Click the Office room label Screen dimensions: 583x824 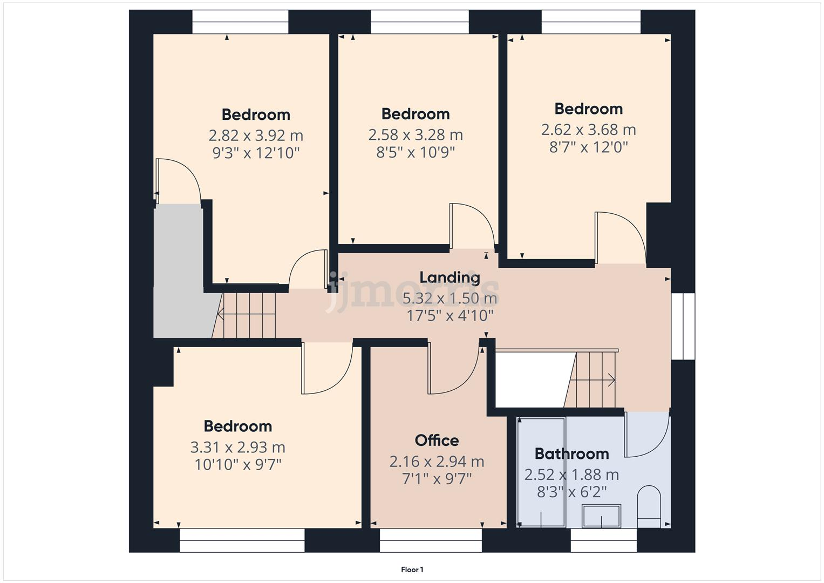click(x=437, y=440)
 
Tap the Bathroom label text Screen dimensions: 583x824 click(x=571, y=454)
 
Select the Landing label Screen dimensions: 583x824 click(x=450, y=277)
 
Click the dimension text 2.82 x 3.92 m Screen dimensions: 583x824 click(x=256, y=135)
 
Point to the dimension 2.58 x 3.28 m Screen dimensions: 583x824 click(x=416, y=134)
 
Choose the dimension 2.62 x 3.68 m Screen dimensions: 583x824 click(x=588, y=130)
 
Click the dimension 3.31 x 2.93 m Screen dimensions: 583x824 click(x=237, y=447)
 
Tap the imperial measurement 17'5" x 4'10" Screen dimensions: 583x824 click(x=450, y=315)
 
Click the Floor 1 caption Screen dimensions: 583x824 click(x=412, y=570)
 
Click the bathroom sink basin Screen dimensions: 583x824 click(x=601, y=515)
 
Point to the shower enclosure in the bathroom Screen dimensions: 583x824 click(x=541, y=471)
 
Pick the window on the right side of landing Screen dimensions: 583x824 click(x=683, y=326)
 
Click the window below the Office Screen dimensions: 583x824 click(x=431, y=540)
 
